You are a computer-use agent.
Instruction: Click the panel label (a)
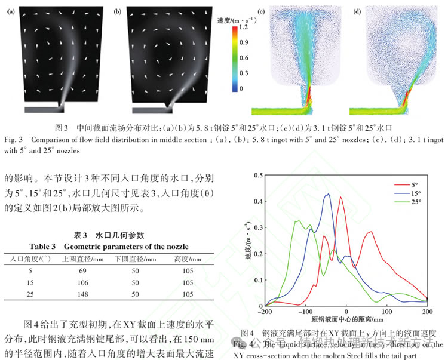point(11,11)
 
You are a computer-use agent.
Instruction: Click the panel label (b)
point(117,11)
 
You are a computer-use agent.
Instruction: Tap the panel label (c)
point(260,11)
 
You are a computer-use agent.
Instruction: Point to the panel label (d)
point(357,11)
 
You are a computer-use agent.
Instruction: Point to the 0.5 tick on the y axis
point(257,175)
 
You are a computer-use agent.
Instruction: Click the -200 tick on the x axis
point(263,312)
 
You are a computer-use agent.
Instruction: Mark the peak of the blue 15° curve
point(327,194)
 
